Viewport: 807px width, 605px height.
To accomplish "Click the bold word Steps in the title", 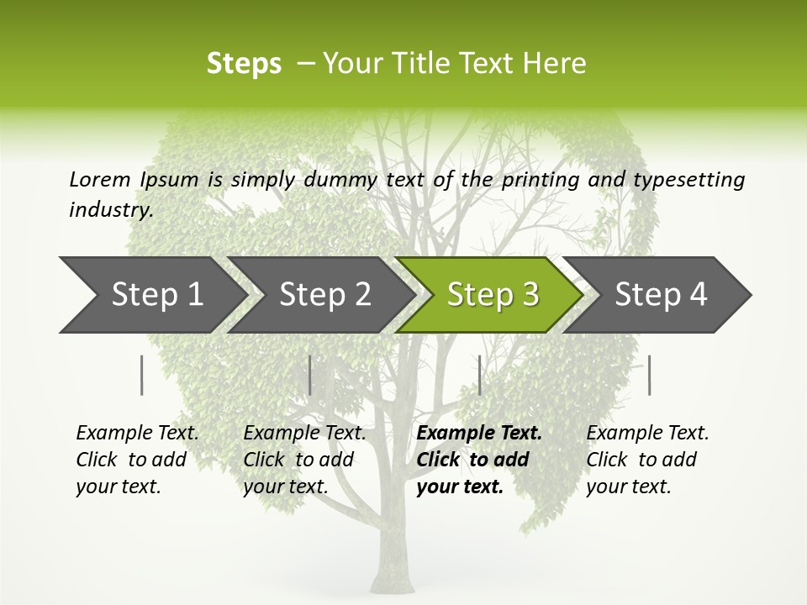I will point(244,64).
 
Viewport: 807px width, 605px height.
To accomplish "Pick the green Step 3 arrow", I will point(493,294).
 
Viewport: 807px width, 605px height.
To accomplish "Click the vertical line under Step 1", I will point(142,375).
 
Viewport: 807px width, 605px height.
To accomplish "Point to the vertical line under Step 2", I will point(310,375).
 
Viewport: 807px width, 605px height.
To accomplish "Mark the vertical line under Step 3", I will point(479,375).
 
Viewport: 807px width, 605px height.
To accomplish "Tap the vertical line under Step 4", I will point(649,375).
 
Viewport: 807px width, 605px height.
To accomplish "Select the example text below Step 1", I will point(137,460).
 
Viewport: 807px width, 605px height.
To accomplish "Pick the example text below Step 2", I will point(304,460).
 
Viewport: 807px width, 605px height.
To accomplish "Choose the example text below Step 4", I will point(647,460).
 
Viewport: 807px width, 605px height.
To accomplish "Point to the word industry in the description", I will point(111,209).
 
